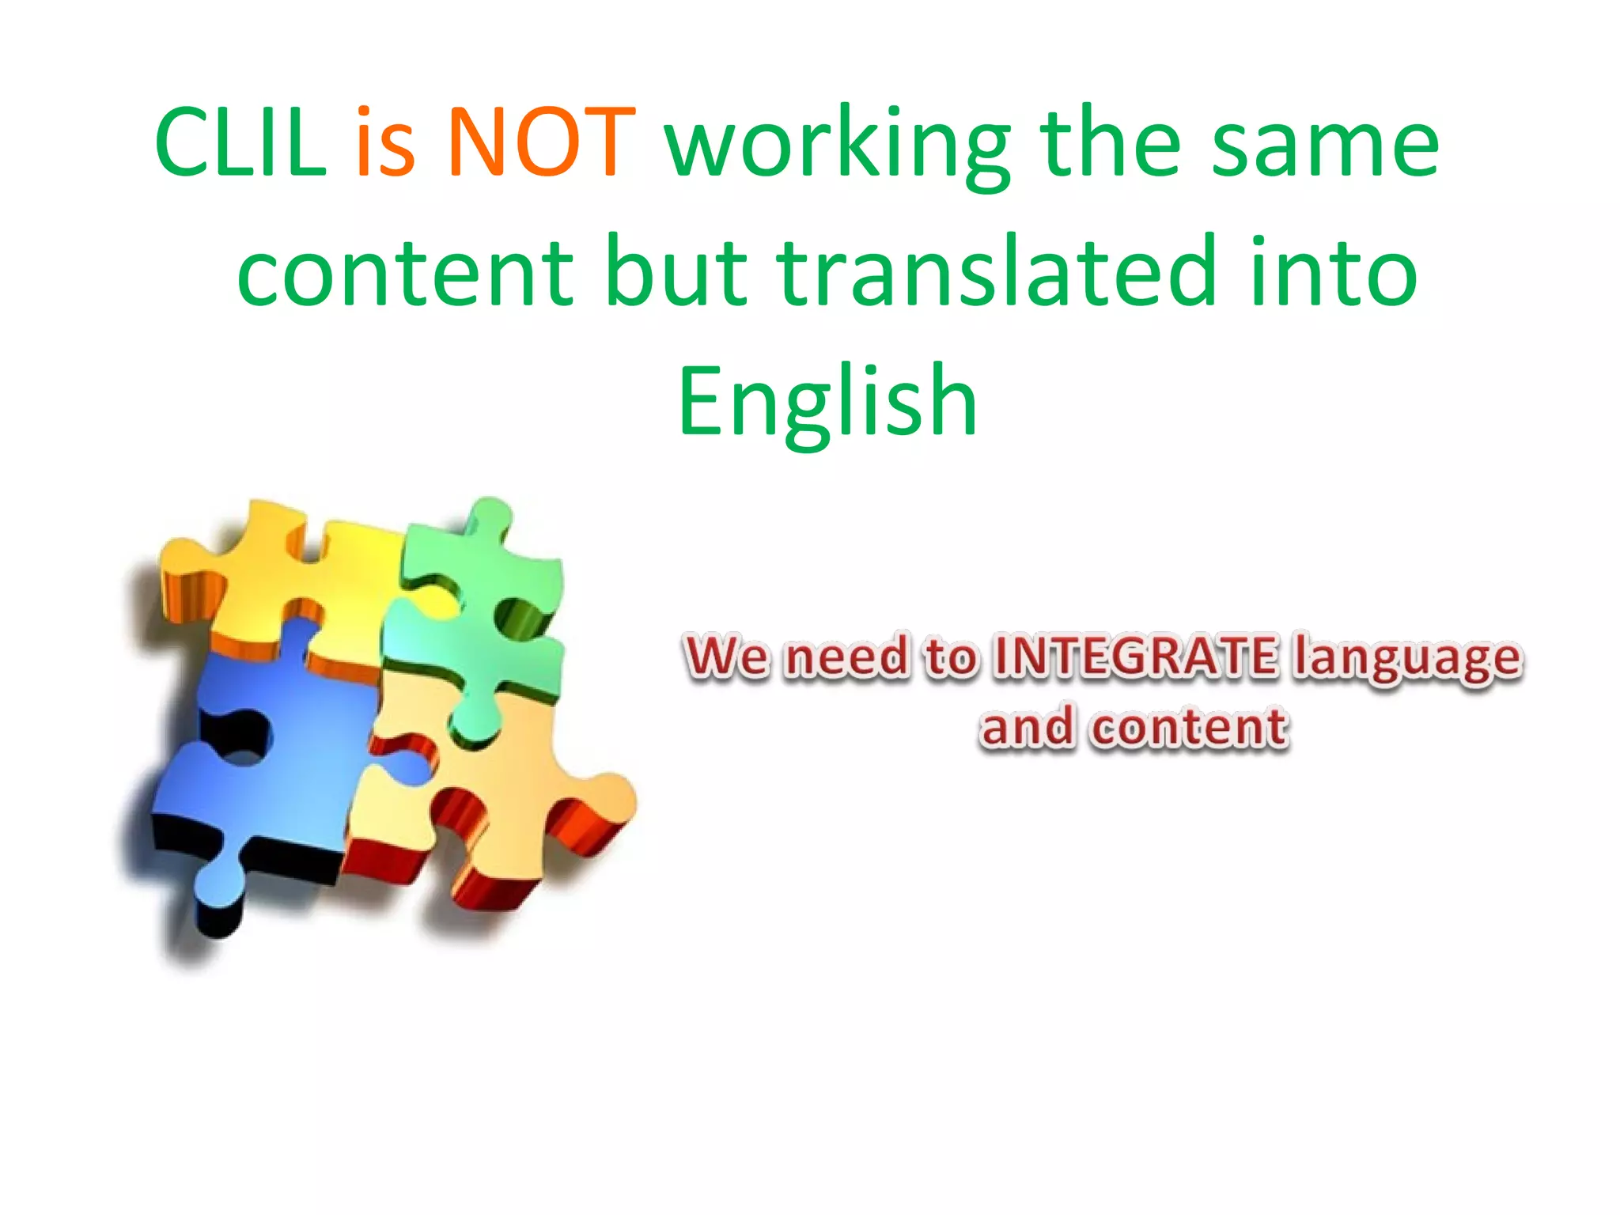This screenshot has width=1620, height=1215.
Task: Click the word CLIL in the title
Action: (x=240, y=142)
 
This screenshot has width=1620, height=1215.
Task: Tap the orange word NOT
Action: (x=541, y=142)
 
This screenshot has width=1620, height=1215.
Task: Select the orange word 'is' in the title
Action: (x=385, y=142)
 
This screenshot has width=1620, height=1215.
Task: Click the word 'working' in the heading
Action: (x=838, y=146)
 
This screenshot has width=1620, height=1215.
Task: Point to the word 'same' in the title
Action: (x=1325, y=146)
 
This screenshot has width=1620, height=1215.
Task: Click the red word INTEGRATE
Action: (x=1134, y=656)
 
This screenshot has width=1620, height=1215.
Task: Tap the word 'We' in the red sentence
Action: (x=725, y=656)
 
